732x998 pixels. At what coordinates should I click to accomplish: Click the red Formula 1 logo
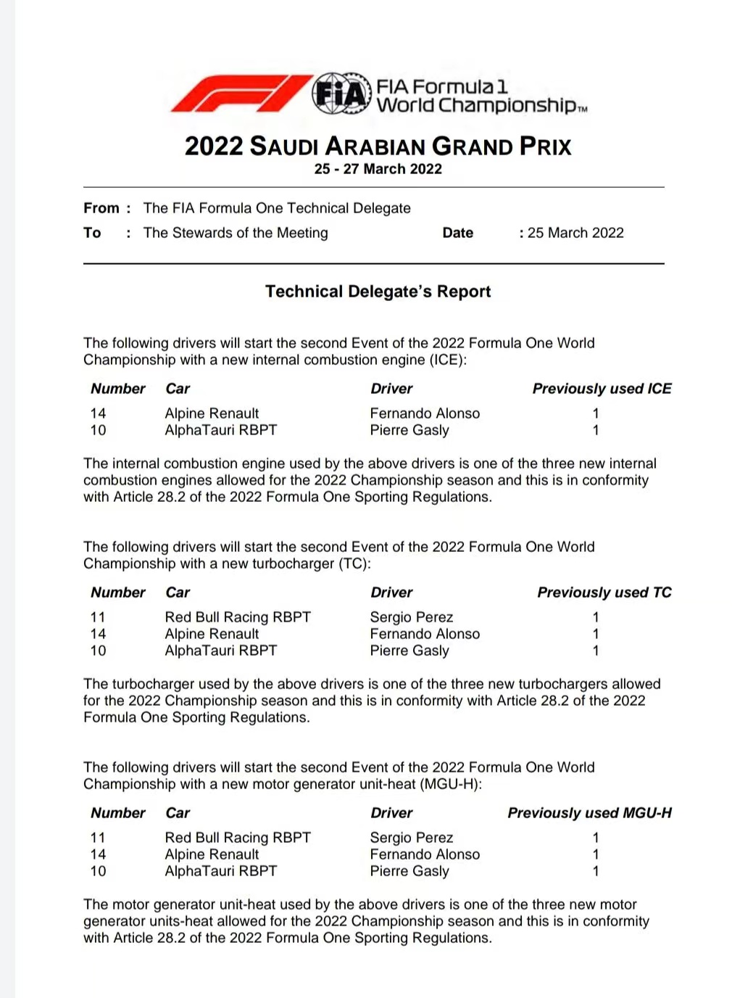click(x=239, y=94)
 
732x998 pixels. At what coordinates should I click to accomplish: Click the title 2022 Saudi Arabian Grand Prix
click(x=378, y=146)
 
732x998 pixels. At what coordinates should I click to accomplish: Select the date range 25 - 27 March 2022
click(x=378, y=169)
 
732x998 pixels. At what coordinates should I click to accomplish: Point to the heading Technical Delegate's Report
click(x=378, y=292)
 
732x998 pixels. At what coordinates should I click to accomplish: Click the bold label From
click(x=101, y=208)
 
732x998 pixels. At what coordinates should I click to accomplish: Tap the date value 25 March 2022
click(x=575, y=233)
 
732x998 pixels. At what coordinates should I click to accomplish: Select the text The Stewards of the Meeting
click(x=236, y=233)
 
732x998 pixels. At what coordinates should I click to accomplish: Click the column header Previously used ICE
click(x=602, y=389)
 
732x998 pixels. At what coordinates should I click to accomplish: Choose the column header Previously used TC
click(x=604, y=593)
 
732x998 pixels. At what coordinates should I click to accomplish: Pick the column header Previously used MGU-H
click(x=589, y=813)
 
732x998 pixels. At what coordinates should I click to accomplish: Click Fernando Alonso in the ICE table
click(x=425, y=413)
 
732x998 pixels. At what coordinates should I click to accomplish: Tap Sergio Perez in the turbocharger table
click(x=411, y=617)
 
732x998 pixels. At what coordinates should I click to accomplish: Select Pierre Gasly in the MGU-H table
click(x=409, y=871)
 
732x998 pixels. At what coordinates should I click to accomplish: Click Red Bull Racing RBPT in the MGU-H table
click(x=238, y=838)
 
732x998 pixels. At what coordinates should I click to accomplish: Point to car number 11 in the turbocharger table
click(x=98, y=617)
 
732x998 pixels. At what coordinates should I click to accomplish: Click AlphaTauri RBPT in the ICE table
click(x=220, y=430)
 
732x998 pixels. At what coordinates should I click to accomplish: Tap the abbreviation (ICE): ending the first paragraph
click(x=449, y=360)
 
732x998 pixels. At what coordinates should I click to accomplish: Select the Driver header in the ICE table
click(x=391, y=389)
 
